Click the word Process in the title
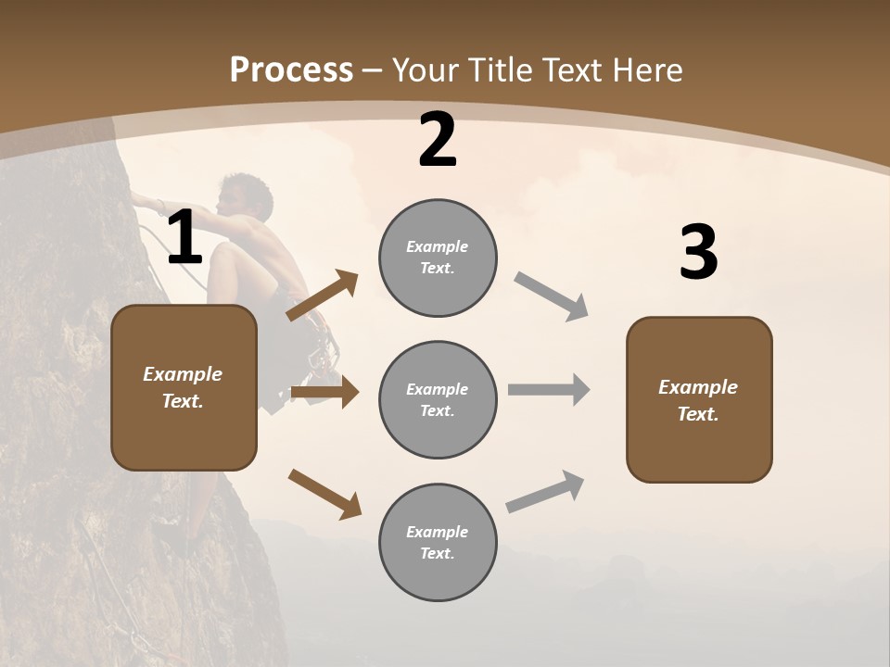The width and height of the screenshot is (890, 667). (x=291, y=69)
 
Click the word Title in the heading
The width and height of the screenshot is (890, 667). (x=500, y=69)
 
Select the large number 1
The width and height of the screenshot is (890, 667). (x=184, y=238)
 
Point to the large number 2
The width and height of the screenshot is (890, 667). (x=438, y=141)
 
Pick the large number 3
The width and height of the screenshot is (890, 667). (x=699, y=252)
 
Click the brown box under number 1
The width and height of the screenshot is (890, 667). (x=184, y=387)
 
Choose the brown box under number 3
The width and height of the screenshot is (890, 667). (x=699, y=400)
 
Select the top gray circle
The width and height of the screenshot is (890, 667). (x=438, y=258)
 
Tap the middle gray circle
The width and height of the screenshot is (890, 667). (x=438, y=400)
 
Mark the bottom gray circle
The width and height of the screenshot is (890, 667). (x=438, y=543)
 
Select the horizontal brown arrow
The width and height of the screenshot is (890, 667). (x=324, y=393)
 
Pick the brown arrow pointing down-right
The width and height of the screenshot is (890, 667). (x=324, y=493)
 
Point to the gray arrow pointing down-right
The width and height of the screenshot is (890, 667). (x=552, y=296)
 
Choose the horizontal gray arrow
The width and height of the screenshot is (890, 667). (x=549, y=390)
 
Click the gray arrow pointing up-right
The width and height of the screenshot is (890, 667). (x=545, y=492)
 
